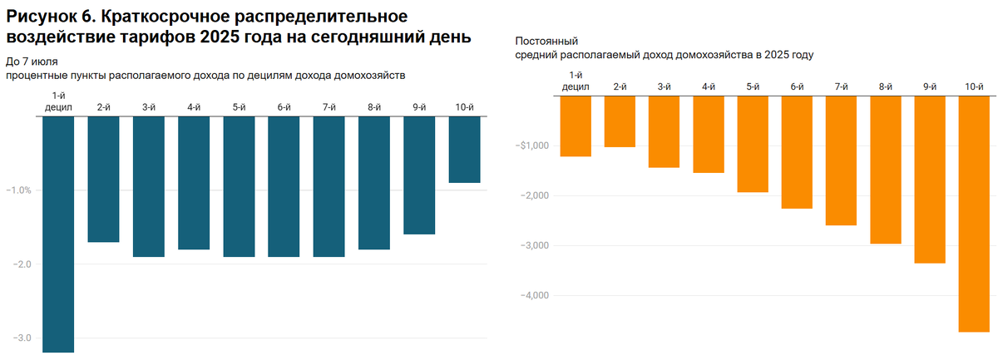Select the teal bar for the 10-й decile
click(x=464, y=149)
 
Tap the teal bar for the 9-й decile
click(x=419, y=175)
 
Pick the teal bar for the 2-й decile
click(x=103, y=179)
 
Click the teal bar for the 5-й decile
click(x=239, y=186)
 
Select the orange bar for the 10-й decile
click(x=973, y=214)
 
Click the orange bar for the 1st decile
click(x=576, y=126)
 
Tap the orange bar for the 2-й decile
click(x=620, y=121)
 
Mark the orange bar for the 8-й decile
click(x=885, y=170)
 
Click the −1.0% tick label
click(x=18, y=190)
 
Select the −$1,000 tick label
click(x=533, y=146)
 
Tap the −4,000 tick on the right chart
click(x=535, y=296)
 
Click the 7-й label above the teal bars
click(x=329, y=106)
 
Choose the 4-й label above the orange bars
click(x=709, y=86)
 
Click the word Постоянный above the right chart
click(x=547, y=41)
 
